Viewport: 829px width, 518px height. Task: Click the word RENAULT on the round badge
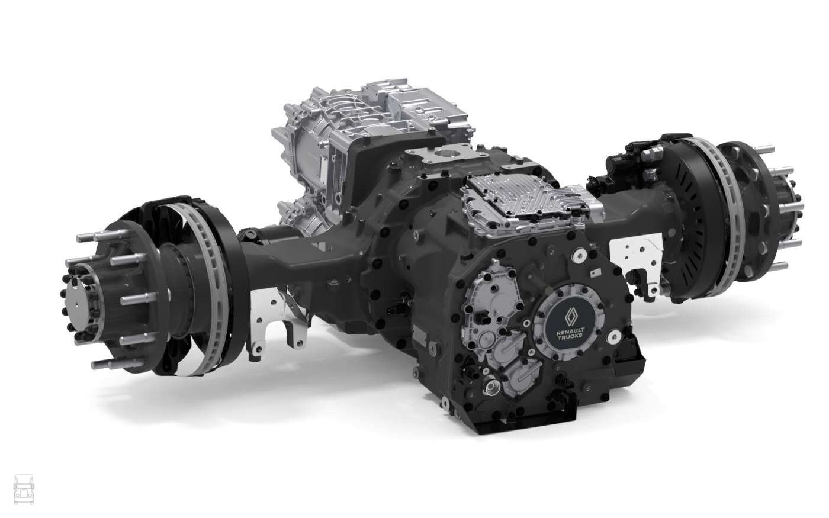tap(571, 330)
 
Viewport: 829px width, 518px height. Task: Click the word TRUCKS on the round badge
tap(570, 336)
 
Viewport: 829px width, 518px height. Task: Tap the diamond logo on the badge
tap(570, 315)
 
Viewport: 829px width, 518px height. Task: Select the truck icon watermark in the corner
tap(24, 489)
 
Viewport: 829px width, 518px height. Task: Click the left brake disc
tap(207, 289)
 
